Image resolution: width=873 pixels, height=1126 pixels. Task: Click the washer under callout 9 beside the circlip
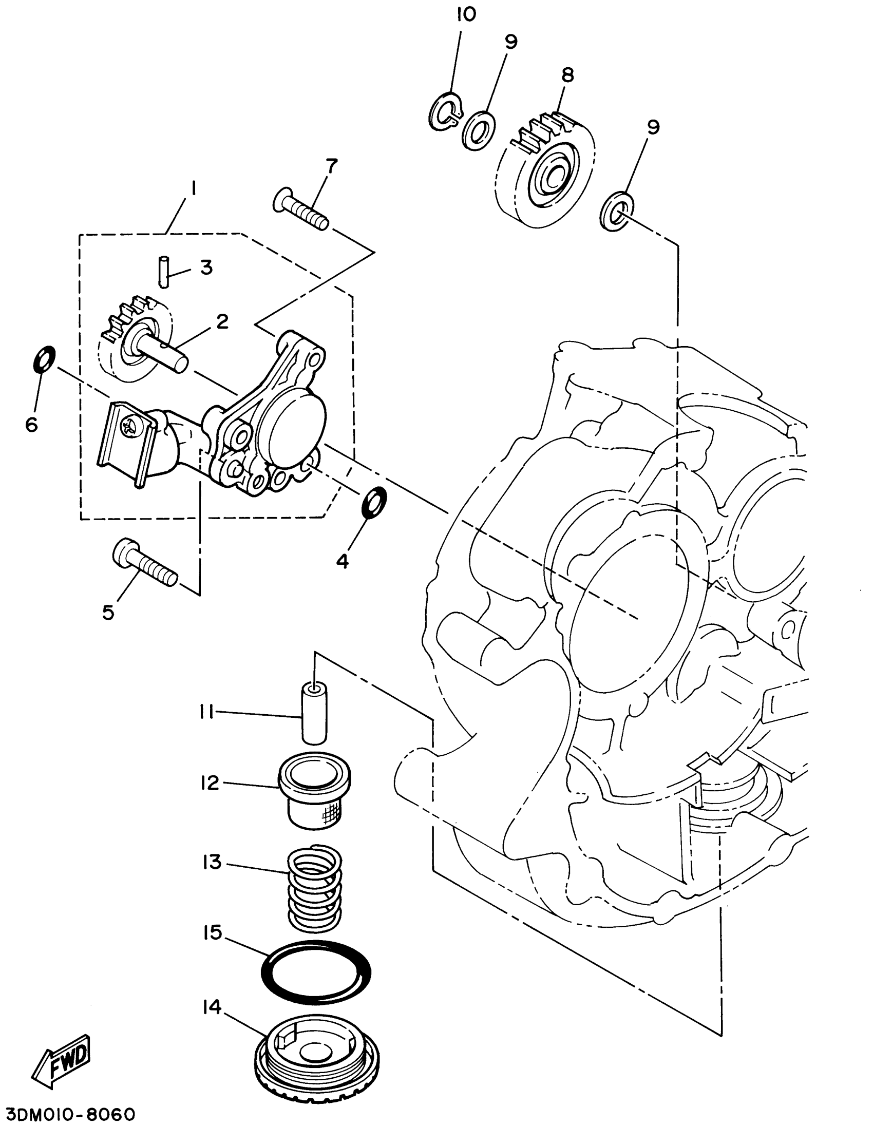coord(479,130)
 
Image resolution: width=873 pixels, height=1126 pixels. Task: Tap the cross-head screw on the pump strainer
coord(127,427)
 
